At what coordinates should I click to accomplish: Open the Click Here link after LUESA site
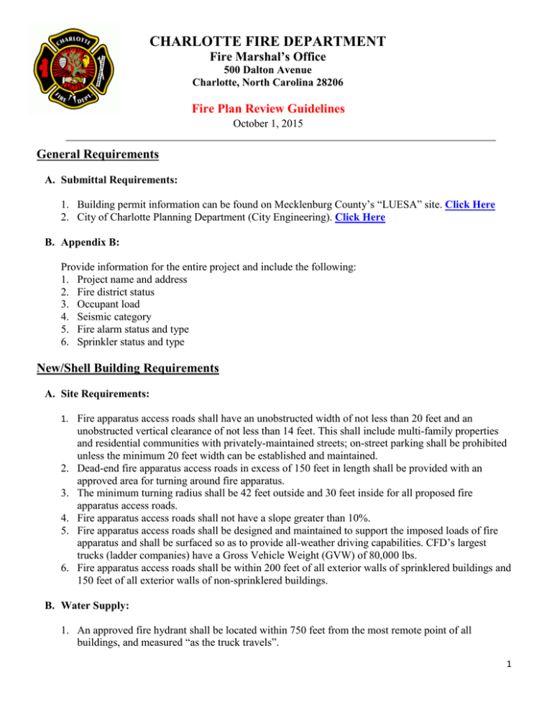[469, 204]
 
